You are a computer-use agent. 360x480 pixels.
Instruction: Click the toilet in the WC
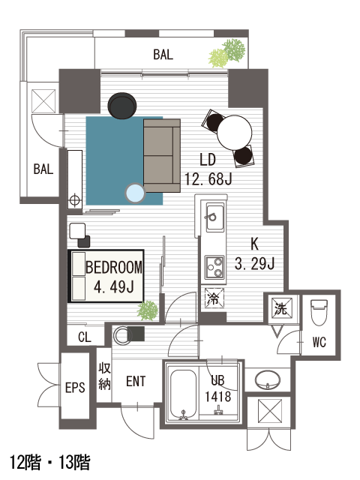[319, 312]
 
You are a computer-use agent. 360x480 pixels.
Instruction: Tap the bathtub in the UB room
[183, 394]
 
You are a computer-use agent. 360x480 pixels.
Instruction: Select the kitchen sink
[214, 217]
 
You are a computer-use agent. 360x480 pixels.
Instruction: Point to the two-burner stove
[214, 267]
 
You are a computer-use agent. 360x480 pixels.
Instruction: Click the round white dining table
[235, 133]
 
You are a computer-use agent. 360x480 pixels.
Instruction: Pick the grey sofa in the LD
[162, 155]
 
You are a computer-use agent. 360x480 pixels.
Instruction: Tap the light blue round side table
[135, 193]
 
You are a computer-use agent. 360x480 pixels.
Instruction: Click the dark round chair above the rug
[122, 105]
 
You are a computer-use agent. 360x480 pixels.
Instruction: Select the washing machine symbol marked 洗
[280, 308]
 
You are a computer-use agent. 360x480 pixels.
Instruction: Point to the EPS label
[75, 388]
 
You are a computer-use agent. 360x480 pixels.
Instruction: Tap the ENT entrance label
[136, 382]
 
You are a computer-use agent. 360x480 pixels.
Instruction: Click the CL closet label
[85, 337]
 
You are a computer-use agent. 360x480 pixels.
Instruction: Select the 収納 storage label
[104, 376]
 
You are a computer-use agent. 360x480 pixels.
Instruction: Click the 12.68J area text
[208, 178]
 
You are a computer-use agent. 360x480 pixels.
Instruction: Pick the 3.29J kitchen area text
[254, 263]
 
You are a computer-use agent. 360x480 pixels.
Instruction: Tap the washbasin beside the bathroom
[268, 379]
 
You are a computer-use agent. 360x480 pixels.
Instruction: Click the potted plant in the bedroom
[148, 310]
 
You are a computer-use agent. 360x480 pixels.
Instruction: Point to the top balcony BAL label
[163, 54]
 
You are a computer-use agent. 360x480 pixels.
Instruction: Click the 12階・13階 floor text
[50, 462]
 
